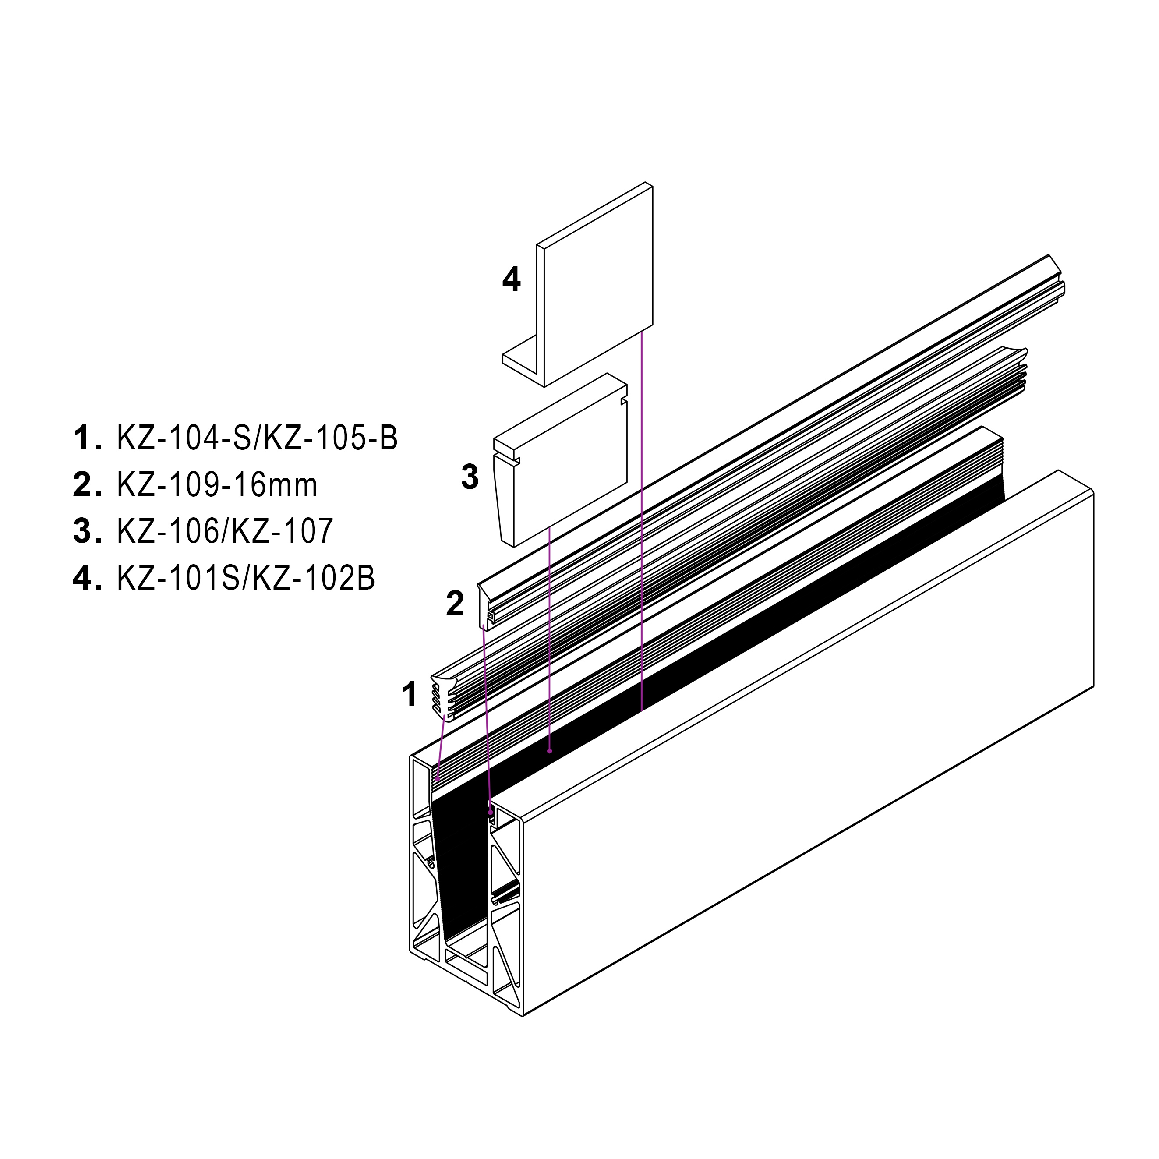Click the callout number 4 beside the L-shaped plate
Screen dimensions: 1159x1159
click(x=511, y=280)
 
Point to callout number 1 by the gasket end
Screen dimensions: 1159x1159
click(x=410, y=695)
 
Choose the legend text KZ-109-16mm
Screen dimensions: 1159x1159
click(x=217, y=485)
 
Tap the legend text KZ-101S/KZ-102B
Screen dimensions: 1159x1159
click(x=246, y=579)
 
